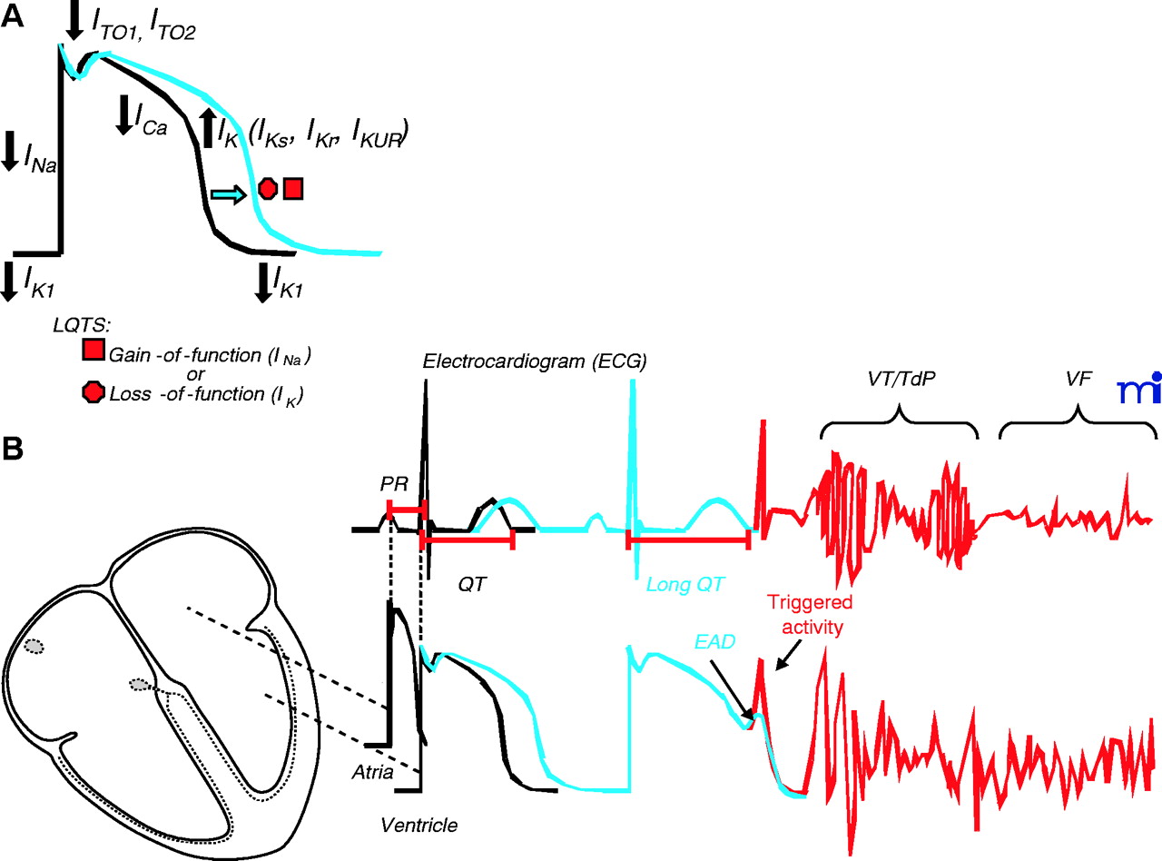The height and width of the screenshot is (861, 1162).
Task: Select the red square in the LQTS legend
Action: point(92,352)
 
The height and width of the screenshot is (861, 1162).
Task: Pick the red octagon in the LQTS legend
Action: point(92,392)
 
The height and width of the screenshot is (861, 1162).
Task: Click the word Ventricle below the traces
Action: point(419,825)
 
